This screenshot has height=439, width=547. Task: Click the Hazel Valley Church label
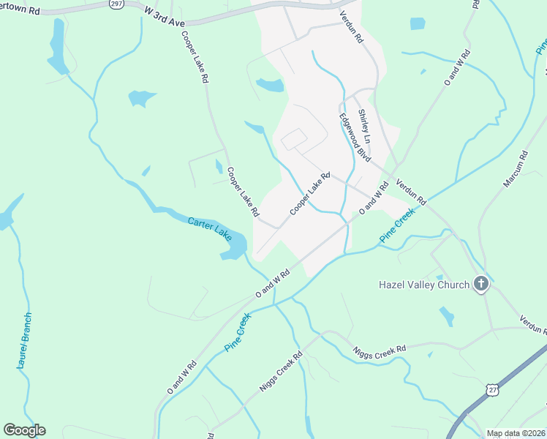424,284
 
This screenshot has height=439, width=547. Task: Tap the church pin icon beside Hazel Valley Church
480,284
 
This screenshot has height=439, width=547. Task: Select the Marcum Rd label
514,170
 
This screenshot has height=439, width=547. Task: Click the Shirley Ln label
364,127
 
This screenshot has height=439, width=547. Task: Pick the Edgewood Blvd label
355,138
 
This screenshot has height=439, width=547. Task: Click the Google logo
24,430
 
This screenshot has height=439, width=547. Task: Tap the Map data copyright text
516,433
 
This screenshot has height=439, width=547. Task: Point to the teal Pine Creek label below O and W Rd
238,331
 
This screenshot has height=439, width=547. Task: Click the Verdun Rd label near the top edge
352,26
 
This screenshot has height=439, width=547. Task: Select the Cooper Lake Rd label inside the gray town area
310,193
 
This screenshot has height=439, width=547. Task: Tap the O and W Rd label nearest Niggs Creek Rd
182,378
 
